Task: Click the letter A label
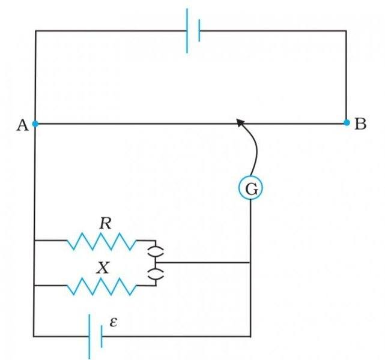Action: pos(21,125)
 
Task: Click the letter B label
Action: pos(360,124)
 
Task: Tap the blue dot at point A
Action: pos(35,124)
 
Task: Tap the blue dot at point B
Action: pos(347,122)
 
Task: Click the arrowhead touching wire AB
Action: pos(241,123)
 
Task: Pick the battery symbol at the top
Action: pos(193,30)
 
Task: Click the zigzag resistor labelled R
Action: pos(102,241)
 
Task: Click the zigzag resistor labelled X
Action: pos(102,286)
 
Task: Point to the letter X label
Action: pos(104,268)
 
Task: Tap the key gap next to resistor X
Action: pos(155,275)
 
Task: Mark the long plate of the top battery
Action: pos(187,30)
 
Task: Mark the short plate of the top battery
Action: pos(199,30)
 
